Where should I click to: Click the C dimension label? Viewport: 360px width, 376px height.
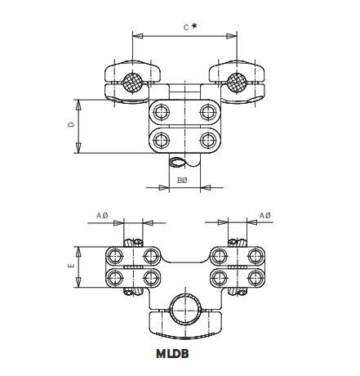tap(185, 27)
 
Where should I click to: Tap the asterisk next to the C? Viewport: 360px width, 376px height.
tap(194, 26)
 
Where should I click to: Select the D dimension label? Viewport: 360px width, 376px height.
tap(71, 125)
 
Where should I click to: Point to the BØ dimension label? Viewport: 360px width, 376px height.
tap(181, 179)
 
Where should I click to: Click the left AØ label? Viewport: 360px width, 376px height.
tap(102, 215)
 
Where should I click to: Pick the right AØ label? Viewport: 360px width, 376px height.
tap(264, 215)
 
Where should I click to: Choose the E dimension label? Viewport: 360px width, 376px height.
tap(71, 266)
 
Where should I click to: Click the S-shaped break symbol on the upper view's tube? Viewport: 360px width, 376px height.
tap(181, 161)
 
